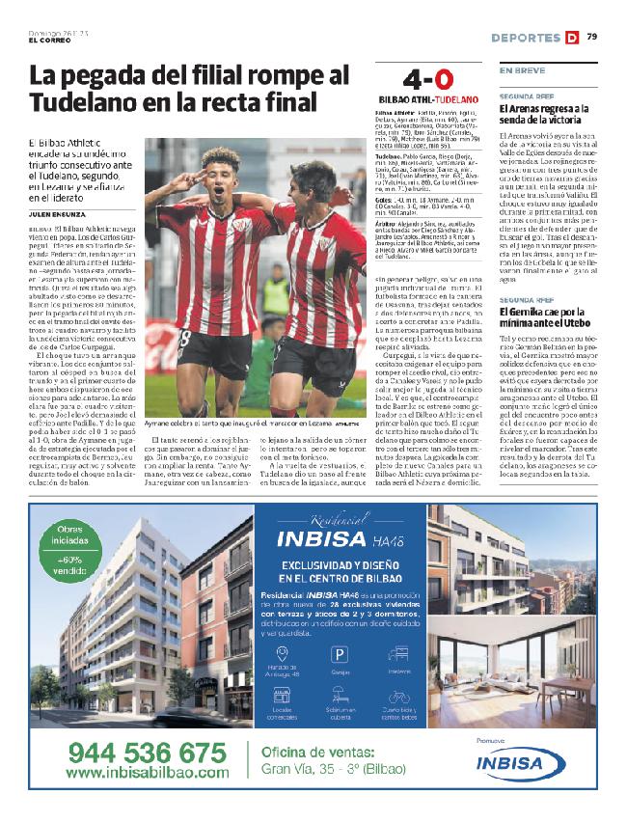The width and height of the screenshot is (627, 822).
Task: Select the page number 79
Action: pos(591,37)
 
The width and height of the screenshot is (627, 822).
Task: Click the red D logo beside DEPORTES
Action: pos(572,38)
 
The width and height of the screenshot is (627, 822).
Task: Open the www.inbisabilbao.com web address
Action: pos(149,772)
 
